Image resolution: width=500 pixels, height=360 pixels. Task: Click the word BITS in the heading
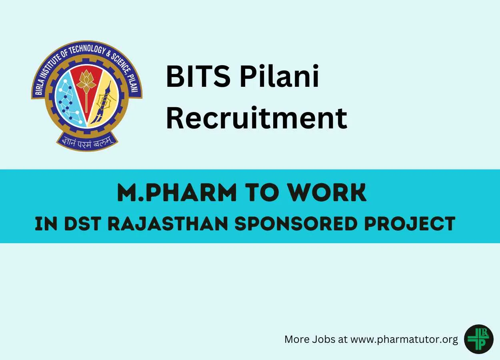click(198, 76)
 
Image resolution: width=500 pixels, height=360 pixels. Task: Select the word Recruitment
click(256, 118)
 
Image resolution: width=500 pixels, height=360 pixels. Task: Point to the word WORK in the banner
click(328, 192)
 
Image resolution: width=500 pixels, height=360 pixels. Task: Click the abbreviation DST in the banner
click(82, 224)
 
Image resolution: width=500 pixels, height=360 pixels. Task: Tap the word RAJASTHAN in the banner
click(168, 224)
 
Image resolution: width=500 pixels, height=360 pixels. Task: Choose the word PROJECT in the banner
click(410, 224)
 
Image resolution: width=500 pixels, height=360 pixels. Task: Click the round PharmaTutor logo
click(478, 339)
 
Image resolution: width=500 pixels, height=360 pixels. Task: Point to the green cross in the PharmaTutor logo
click(476, 340)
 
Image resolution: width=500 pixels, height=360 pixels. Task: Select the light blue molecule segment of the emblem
click(69, 101)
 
